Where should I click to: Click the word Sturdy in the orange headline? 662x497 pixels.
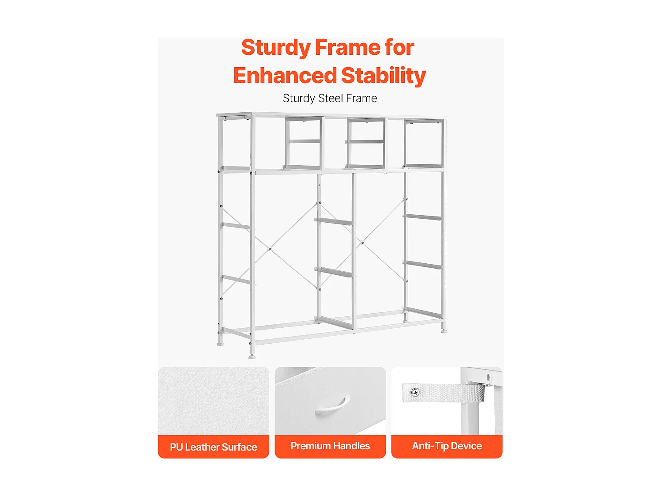[x=276, y=48]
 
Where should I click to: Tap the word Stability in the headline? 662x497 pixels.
[x=384, y=76]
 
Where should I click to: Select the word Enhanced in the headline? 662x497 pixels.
[x=285, y=76]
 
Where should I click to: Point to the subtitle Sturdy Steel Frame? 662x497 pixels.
[x=330, y=99]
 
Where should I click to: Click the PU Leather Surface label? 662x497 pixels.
[x=213, y=447]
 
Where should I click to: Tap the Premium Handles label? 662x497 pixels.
[x=330, y=446]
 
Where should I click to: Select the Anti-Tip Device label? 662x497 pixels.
[x=447, y=446]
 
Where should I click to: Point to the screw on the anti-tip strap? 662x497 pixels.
[x=415, y=392]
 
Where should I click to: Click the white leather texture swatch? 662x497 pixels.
[x=213, y=401]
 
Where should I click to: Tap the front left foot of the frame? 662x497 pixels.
[x=252, y=357]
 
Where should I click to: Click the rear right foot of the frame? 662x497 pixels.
[x=444, y=331]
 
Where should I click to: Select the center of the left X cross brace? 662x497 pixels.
[x=270, y=249]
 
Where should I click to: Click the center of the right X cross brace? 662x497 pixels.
[x=362, y=242]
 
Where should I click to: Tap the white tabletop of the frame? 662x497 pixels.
[x=332, y=115]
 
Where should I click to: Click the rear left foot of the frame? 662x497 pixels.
[x=221, y=343]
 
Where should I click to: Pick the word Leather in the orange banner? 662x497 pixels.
[x=202, y=447]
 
